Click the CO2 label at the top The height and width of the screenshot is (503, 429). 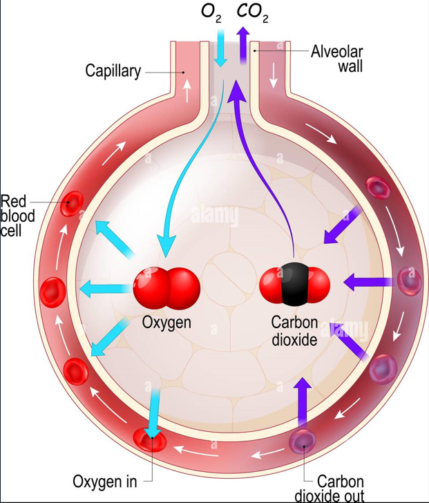(x=252, y=12)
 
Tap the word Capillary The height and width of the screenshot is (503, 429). (x=113, y=70)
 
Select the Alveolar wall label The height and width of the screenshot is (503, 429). (x=336, y=59)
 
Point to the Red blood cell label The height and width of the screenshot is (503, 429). (x=17, y=216)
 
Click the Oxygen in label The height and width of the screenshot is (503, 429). (x=105, y=481)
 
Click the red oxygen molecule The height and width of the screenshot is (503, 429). (x=167, y=285)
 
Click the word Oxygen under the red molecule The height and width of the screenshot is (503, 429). (x=166, y=322)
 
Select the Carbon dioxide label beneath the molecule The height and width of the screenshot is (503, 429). (x=294, y=330)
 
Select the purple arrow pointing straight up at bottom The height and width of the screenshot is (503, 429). (x=302, y=401)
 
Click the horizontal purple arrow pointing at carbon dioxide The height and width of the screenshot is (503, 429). (x=368, y=281)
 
